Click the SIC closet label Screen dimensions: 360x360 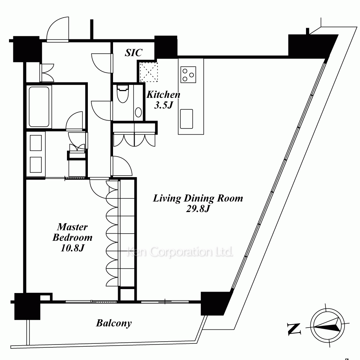pos(134,53)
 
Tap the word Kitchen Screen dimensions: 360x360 pos(163,94)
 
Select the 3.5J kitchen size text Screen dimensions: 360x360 pos(163,105)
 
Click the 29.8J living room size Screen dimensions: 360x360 pos(198,209)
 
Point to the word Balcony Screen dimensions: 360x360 pos(114,323)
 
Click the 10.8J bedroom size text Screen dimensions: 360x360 pos(73,248)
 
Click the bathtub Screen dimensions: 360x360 pos(39,107)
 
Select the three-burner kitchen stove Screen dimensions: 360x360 pos(188,75)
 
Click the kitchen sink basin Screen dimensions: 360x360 pos(186,119)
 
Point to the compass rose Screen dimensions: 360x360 pos(327,325)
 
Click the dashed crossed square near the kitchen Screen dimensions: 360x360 pos(149,72)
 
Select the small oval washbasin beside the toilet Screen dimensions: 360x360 pos(139,112)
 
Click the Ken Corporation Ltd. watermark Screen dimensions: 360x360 pos(180,252)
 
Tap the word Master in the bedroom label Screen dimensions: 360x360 pos(72,227)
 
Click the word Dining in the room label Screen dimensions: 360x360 pos(199,198)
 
